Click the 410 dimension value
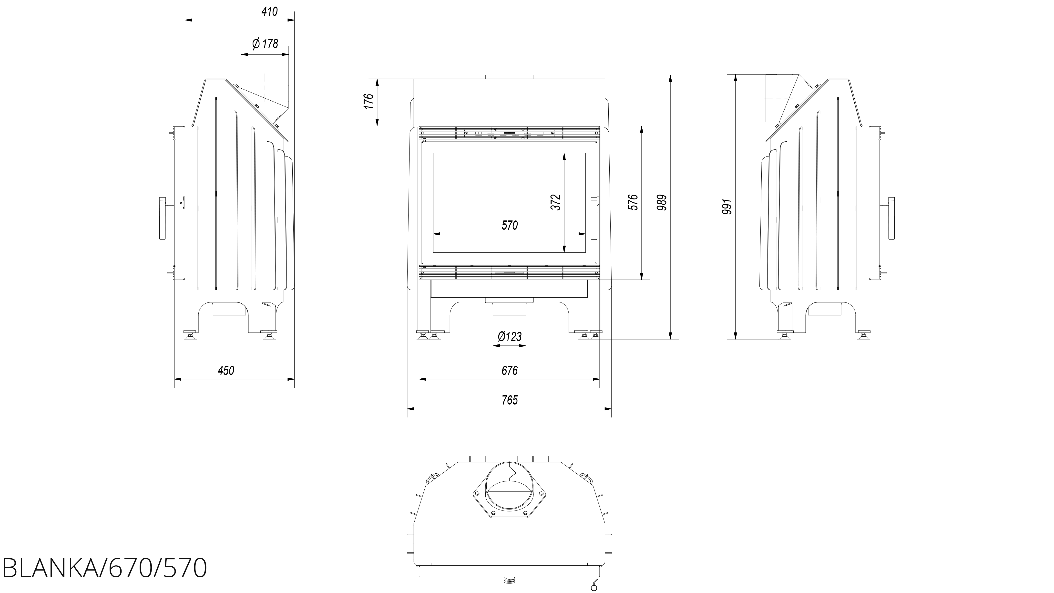tap(269, 12)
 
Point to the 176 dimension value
tap(369, 102)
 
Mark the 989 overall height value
tap(662, 202)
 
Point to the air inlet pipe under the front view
tap(509, 315)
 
